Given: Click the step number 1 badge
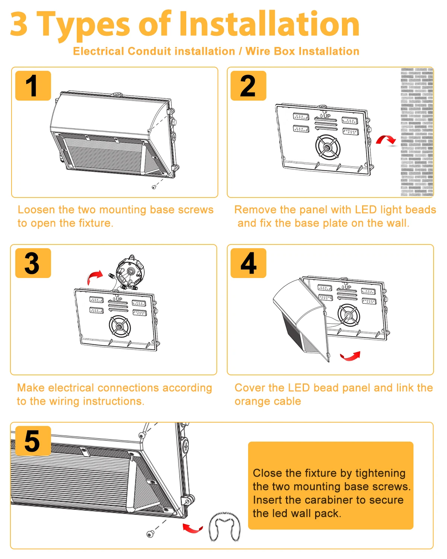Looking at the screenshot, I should click(x=33, y=86).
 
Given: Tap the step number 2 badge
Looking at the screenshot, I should click(x=248, y=86).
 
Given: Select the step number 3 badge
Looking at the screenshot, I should click(x=33, y=263).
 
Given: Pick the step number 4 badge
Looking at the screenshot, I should click(x=248, y=263).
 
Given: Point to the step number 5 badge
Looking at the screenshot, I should click(x=33, y=441).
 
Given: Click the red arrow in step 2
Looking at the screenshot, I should click(x=386, y=140).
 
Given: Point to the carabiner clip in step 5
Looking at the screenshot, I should click(x=224, y=527).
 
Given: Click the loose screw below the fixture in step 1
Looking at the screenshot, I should click(x=154, y=187).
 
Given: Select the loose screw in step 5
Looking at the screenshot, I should click(x=150, y=535).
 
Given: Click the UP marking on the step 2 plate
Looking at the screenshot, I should click(x=326, y=116).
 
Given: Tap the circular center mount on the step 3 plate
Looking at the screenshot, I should click(x=120, y=326).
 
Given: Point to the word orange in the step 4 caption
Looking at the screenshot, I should click(x=249, y=401).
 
